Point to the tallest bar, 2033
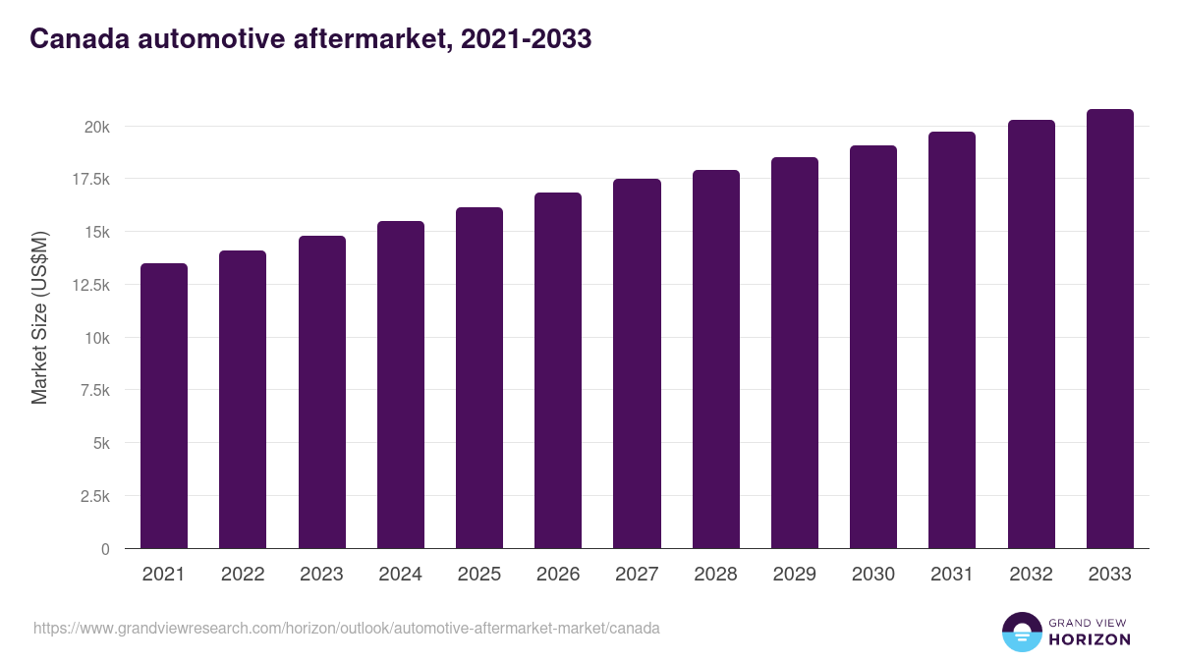pos(1109,329)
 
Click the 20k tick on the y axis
pos(96,127)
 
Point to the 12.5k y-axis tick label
pos(90,285)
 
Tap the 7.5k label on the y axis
pos(94,390)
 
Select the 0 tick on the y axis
pos(105,549)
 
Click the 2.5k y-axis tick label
pos(94,496)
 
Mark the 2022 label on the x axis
pos(243,575)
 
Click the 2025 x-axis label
pos(479,575)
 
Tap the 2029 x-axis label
pos(794,575)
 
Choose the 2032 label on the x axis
pos(1031,575)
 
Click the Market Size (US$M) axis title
pos(39,318)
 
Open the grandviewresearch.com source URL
pos(346,628)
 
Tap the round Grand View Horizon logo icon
pos(1021,632)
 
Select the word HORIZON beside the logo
pos(1089,639)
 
